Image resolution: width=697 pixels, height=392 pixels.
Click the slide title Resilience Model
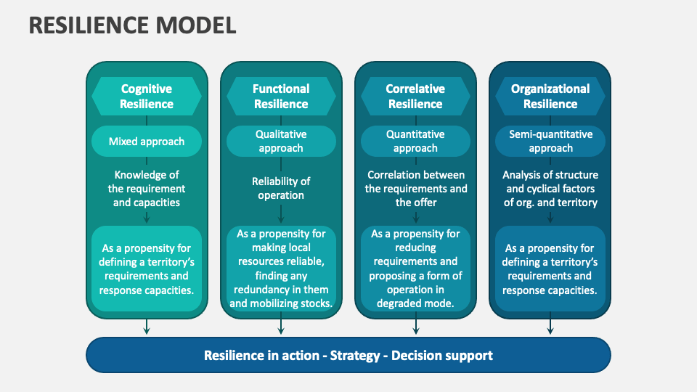[132, 25]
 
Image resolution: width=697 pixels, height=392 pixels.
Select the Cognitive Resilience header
[147, 96]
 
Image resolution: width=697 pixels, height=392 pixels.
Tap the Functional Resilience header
[281, 96]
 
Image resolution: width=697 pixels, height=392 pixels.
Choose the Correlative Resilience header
[415, 96]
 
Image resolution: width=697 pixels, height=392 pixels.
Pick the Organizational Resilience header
[550, 96]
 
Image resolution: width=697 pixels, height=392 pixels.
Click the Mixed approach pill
[147, 142]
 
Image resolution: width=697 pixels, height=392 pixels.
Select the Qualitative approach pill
[281, 142]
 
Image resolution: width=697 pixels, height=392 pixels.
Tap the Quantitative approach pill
[415, 142]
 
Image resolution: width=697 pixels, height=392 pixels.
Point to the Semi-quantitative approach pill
[550, 142]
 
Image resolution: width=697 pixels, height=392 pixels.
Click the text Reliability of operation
[281, 188]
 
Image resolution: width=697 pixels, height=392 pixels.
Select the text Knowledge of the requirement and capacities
[147, 188]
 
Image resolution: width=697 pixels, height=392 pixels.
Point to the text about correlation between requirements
[415, 188]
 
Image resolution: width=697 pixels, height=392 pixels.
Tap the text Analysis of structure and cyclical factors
[550, 188]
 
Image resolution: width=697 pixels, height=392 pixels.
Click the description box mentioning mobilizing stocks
[281, 269]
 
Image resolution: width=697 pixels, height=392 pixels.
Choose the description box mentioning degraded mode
[415, 269]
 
